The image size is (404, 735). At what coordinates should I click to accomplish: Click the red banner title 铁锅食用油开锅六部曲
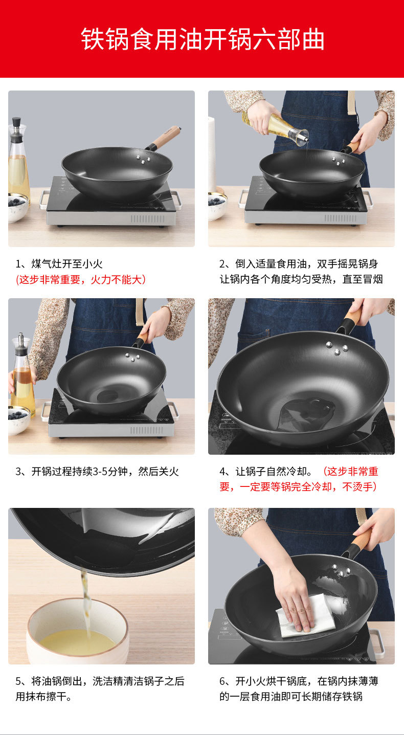(203, 39)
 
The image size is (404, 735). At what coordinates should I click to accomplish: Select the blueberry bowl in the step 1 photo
(17, 207)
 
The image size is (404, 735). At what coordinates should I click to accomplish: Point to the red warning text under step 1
(81, 280)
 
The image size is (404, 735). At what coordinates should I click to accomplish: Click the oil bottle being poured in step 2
(275, 128)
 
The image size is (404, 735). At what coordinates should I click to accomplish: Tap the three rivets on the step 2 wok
(338, 161)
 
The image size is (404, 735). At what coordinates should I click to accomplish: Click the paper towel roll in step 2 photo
(212, 154)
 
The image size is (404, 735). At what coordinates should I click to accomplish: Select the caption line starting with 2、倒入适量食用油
(299, 264)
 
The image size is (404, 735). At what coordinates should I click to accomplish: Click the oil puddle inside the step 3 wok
(113, 395)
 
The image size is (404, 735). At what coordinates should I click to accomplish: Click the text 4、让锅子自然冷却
(265, 472)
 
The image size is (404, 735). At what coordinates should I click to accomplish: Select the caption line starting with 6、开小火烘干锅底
(299, 681)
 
